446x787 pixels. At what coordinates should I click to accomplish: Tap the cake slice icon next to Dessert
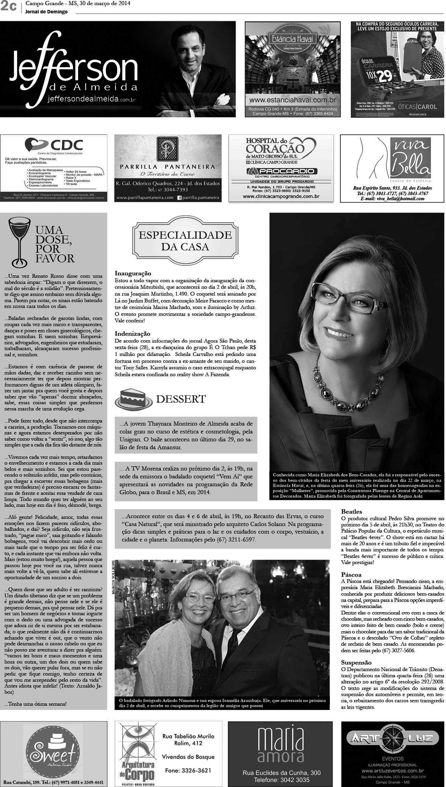133,398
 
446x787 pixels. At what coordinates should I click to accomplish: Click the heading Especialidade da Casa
185,240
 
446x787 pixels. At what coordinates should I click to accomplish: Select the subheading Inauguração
133,273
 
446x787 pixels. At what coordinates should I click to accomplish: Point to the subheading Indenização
133,333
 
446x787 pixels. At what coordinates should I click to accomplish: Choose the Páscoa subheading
351,574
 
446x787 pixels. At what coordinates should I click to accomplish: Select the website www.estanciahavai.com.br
292,100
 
